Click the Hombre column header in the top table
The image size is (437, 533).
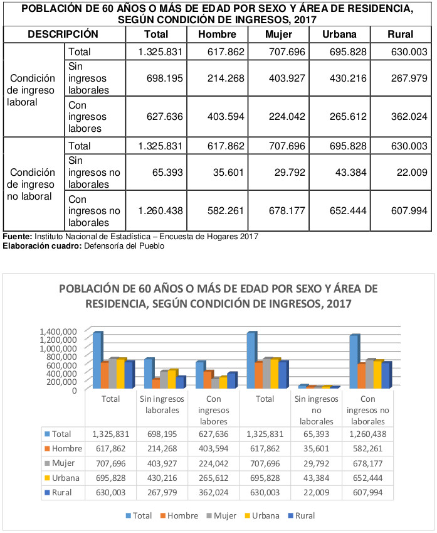click(x=217, y=35)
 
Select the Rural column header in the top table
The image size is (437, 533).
click(x=401, y=35)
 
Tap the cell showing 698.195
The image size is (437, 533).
click(x=165, y=78)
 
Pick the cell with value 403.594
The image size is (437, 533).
click(x=226, y=117)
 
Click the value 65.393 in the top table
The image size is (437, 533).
click(x=167, y=173)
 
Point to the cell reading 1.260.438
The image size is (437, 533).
click(x=161, y=211)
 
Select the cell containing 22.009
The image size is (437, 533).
click(x=412, y=173)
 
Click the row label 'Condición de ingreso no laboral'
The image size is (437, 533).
click(x=31, y=184)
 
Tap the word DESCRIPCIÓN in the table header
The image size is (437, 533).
click(x=63, y=35)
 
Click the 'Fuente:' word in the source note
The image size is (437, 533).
click(x=18, y=237)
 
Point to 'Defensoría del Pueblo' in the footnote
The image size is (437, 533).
click(x=124, y=246)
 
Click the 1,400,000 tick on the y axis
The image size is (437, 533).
click(x=58, y=331)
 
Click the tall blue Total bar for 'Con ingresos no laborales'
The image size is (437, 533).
click(x=354, y=362)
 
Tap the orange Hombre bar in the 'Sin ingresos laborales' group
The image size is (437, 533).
click(x=156, y=384)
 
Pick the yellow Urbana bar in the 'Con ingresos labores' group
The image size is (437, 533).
click(x=223, y=382)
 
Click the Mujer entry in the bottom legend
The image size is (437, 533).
click(x=221, y=516)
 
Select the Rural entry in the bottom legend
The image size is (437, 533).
click(x=302, y=516)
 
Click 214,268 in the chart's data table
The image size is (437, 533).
click(x=162, y=449)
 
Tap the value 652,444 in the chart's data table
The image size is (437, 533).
click(x=368, y=478)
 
